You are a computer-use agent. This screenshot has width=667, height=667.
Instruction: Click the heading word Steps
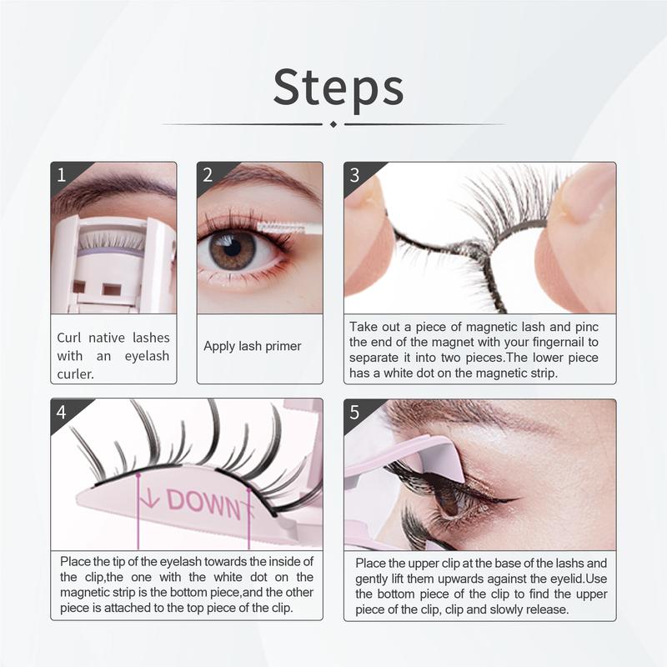(339, 86)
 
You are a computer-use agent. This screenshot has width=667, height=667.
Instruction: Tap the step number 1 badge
(62, 174)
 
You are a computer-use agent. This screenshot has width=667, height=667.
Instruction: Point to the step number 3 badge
(355, 174)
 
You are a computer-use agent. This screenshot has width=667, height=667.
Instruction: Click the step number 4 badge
(62, 411)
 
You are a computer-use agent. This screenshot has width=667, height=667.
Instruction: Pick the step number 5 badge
(355, 411)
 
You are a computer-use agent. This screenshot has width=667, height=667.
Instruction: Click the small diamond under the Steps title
(333, 124)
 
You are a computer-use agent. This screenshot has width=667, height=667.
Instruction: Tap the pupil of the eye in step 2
(233, 248)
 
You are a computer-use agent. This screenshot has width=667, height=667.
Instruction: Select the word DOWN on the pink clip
(203, 502)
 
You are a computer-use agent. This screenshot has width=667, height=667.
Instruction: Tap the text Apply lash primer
(253, 346)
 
